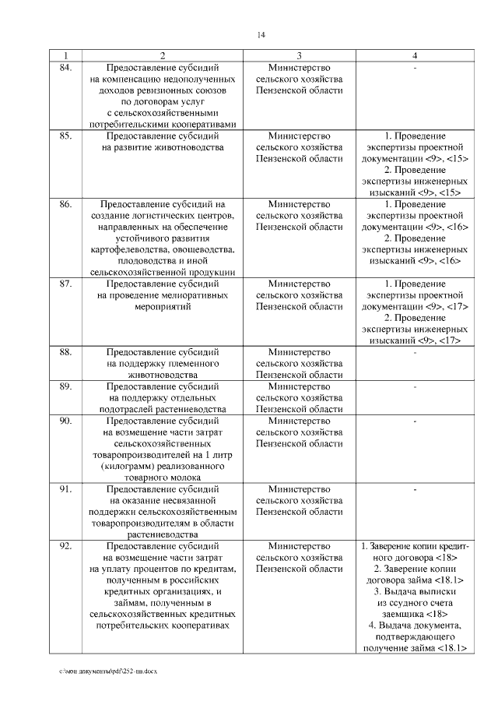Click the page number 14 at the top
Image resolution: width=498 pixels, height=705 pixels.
click(x=261, y=35)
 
